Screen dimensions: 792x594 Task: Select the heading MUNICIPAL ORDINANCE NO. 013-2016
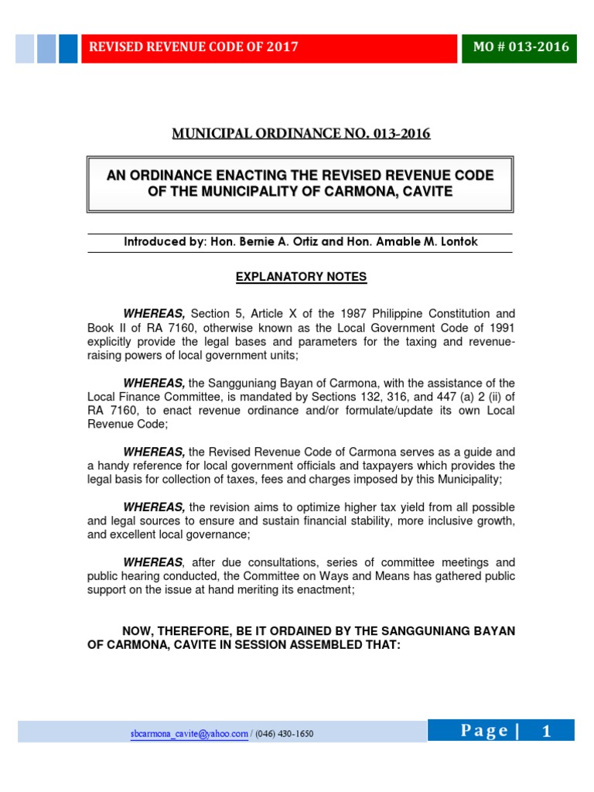[300, 134]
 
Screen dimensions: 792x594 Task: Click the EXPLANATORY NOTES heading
[300, 277]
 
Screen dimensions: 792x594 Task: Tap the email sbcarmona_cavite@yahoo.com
[189, 733]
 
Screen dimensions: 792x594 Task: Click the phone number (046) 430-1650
[285, 733]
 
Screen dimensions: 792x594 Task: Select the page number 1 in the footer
[547, 731]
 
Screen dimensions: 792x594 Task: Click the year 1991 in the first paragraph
[500, 328]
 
